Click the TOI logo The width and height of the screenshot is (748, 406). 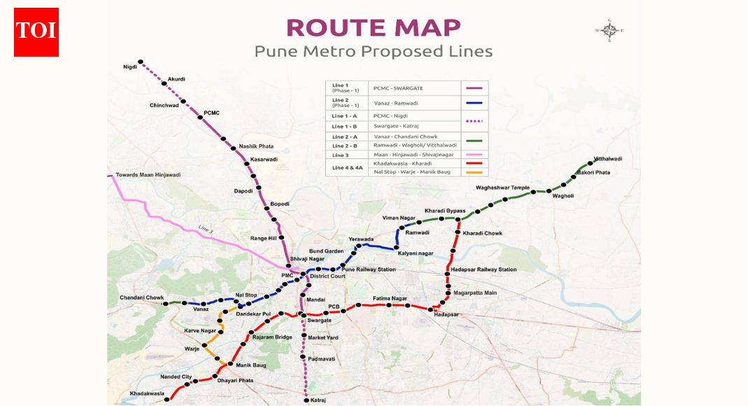(36, 32)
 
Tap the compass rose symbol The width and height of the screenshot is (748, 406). (609, 30)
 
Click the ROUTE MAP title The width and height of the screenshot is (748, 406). (373, 27)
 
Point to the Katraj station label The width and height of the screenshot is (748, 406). (319, 400)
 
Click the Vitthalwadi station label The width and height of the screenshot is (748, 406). (607, 159)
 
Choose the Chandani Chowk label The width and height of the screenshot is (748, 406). (141, 297)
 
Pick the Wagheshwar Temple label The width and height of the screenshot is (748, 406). (502, 188)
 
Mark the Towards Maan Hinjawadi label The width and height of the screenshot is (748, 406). (148, 174)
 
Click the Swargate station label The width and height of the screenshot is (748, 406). (319, 320)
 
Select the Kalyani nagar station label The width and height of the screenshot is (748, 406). (416, 253)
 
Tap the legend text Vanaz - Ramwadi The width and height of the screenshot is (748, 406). (396, 103)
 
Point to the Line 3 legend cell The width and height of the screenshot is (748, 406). (340, 155)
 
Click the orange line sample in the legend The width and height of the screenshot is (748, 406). (474, 171)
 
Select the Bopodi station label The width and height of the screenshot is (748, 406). (279, 204)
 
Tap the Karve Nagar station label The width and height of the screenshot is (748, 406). (200, 330)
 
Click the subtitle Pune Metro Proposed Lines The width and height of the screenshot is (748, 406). (373, 52)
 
